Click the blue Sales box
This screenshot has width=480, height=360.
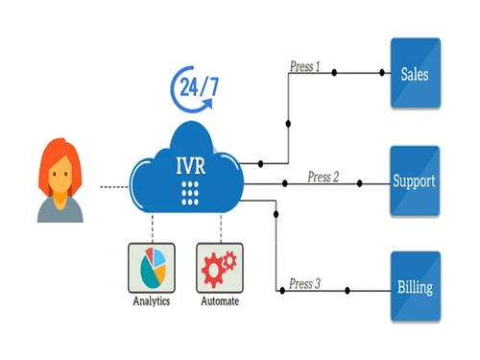[415, 74]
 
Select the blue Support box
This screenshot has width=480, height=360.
[415, 180]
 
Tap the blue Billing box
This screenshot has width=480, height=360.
[415, 286]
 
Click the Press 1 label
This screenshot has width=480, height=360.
[304, 68]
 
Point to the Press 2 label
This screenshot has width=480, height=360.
[324, 177]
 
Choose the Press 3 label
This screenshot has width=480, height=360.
[305, 284]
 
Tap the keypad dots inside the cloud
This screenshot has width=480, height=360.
[188, 190]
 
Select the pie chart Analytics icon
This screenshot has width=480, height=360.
[153, 268]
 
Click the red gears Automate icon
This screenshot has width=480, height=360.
[220, 268]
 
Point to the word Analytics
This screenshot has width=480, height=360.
[153, 302]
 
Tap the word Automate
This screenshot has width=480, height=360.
[220, 302]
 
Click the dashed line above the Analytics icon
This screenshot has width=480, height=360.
[153, 228]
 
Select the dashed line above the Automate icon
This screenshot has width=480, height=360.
[222, 228]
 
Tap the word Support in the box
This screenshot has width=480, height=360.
[415, 180]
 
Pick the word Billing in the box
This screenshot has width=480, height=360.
[415, 287]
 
